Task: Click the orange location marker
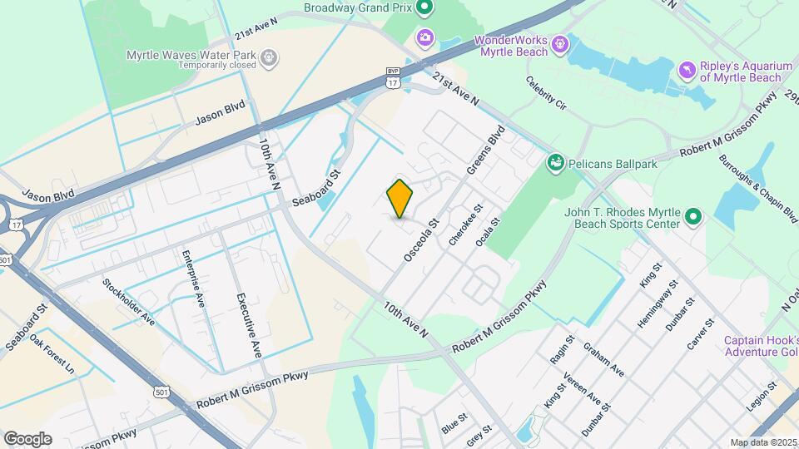pos(400,199)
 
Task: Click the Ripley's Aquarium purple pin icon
pos(687,68)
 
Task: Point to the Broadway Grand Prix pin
pos(424,9)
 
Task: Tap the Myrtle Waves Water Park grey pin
pos(269,57)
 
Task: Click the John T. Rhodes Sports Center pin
pos(692,219)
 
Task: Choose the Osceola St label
pos(420,241)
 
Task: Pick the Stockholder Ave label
pos(129,301)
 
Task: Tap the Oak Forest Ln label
pos(52,353)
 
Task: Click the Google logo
pos(27,438)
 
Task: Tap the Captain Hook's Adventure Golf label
pos(761,346)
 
